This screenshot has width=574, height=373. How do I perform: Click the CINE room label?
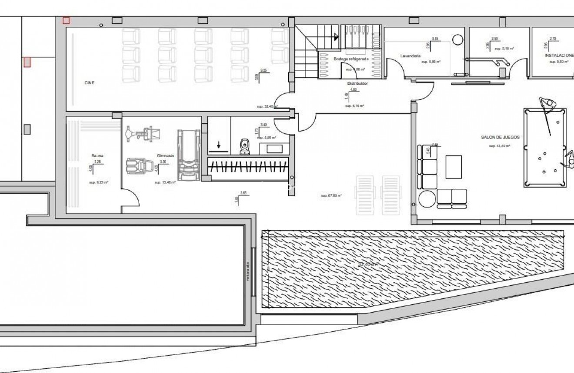click(x=90, y=83)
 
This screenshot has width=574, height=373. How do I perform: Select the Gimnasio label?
click(x=165, y=155)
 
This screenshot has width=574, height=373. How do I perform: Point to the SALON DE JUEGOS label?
click(x=500, y=137)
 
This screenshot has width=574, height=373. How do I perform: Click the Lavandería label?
click(x=410, y=56)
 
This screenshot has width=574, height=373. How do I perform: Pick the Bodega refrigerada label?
click(x=351, y=59)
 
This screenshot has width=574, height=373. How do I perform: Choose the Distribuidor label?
click(x=357, y=83)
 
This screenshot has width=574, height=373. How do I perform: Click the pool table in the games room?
click(x=545, y=148)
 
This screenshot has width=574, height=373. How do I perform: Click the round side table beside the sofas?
click(x=427, y=198)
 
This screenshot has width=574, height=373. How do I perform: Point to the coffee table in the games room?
click(x=454, y=166)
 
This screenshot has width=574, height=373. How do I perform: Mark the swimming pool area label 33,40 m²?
click(x=368, y=264)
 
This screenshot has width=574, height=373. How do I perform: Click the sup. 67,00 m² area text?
click(x=331, y=196)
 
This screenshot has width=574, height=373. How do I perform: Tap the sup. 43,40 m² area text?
click(x=499, y=146)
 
